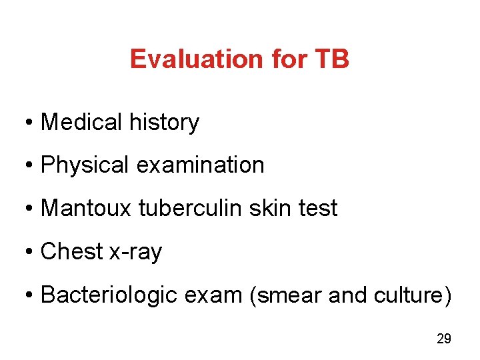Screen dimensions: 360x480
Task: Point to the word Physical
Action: [x=85, y=165]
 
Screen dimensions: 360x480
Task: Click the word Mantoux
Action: [x=87, y=208]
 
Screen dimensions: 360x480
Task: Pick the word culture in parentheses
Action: [x=414, y=295]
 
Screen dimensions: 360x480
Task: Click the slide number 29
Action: [x=443, y=339]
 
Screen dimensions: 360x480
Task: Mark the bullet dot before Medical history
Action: [x=31, y=123]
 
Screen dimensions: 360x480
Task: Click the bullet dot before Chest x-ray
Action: [x=31, y=252]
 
